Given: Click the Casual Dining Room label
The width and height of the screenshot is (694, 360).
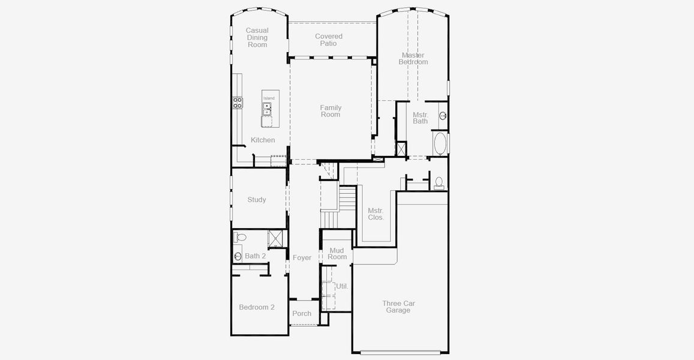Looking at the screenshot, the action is pyautogui.click(x=257, y=38).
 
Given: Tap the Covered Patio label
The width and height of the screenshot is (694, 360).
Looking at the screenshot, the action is pyautogui.click(x=329, y=40).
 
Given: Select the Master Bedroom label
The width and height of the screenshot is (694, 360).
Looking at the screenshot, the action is pyautogui.click(x=413, y=58).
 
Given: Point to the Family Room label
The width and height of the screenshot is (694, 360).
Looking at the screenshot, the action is pyautogui.click(x=331, y=111).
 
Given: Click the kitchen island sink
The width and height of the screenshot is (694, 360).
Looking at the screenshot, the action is pyautogui.click(x=267, y=109).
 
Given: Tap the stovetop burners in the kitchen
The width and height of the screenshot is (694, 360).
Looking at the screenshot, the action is pyautogui.click(x=238, y=103).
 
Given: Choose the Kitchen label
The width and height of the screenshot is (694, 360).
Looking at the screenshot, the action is pyautogui.click(x=263, y=140).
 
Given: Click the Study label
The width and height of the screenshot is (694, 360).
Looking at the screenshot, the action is pyautogui.click(x=257, y=200).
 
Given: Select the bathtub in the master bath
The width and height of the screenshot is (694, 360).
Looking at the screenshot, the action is pyautogui.click(x=440, y=143).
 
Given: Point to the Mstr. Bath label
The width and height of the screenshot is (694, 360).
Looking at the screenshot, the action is pyautogui.click(x=420, y=118).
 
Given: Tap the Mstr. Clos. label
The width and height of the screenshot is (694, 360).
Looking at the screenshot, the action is pyautogui.click(x=375, y=214).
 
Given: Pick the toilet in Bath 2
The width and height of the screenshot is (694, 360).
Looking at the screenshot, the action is pyautogui.click(x=239, y=237).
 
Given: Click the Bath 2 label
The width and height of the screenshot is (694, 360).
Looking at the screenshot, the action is pyautogui.click(x=256, y=256).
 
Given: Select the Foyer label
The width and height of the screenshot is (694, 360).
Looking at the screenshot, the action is pyautogui.click(x=302, y=258).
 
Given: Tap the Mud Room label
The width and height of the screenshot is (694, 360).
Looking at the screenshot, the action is pyautogui.click(x=337, y=254).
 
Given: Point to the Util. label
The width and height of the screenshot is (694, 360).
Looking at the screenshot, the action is pyautogui.click(x=342, y=286).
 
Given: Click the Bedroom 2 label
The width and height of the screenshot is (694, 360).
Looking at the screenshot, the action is pyautogui.click(x=257, y=307).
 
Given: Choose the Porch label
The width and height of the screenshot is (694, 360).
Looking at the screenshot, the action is pyautogui.click(x=302, y=314).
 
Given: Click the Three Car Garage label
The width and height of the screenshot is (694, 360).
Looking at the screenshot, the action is pyautogui.click(x=398, y=307).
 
